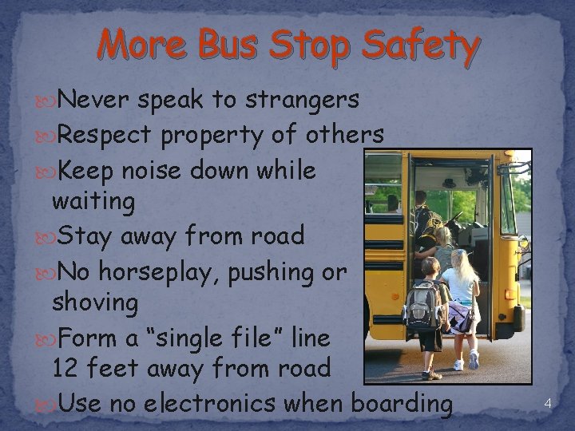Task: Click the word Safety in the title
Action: pyautogui.click(x=420, y=45)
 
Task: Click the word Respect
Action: pyautogui.click(x=105, y=136)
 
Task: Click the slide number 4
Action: pyautogui.click(x=547, y=403)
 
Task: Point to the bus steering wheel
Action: pyautogui.click(x=456, y=219)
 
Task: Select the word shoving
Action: pyautogui.click(x=94, y=303)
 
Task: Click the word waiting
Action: pyautogui.click(x=93, y=203)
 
